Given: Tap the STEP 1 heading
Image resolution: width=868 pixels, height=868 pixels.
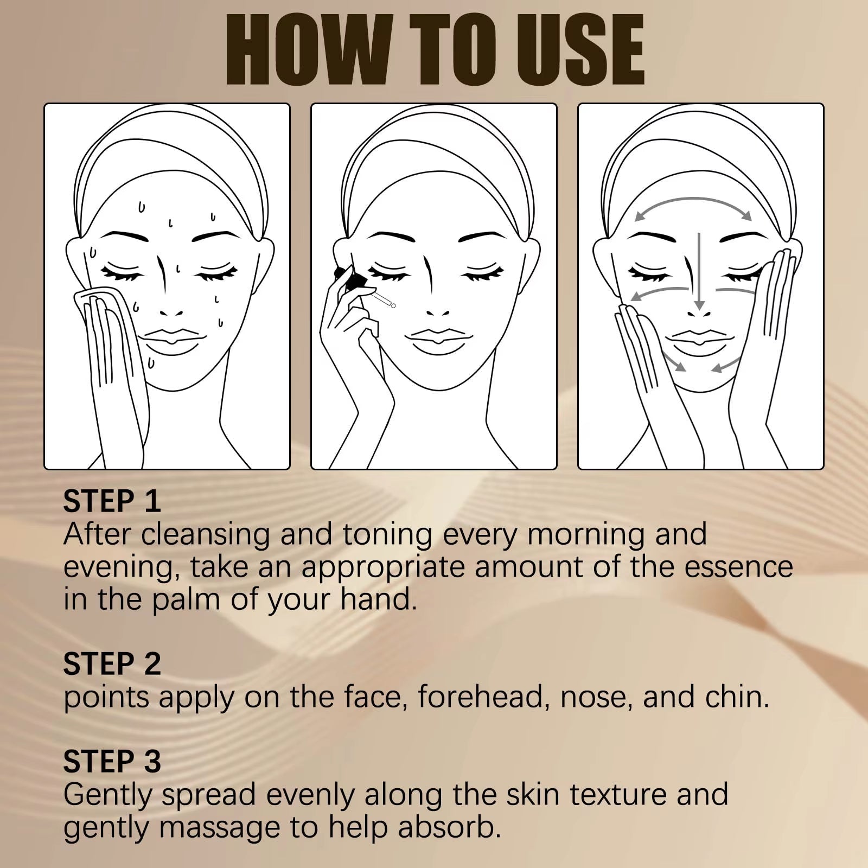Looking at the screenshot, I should coord(112,501).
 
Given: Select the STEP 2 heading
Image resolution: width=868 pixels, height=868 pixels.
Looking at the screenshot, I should coord(112,664).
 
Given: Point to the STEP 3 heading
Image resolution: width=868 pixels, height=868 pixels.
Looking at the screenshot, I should coord(112,762).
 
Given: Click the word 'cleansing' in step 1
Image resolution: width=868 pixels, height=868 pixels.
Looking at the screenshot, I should coord(206,534).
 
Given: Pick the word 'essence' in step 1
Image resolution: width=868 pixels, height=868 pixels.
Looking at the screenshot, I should coord(738,567).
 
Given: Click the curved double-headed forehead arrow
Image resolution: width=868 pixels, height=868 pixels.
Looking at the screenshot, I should coord(693,205).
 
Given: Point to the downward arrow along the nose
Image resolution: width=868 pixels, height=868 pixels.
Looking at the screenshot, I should coord(699,271).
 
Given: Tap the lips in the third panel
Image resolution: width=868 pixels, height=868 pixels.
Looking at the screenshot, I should coord(699,341).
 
